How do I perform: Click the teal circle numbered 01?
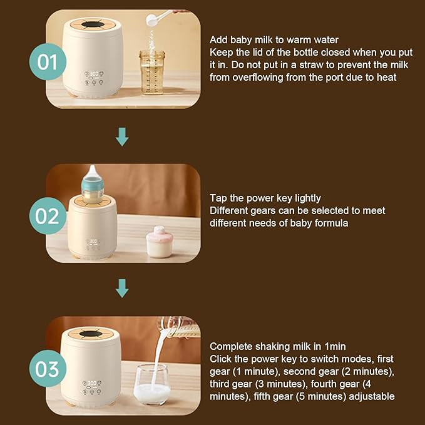coord(48,61)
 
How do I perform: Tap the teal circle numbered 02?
coord(48,216)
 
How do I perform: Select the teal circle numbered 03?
coord(48,368)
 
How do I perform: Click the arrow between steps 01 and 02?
coord(122,137)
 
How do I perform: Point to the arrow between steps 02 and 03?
coord(122,289)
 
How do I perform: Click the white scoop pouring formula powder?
coord(158,18)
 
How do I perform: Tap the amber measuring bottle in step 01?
coord(152,72)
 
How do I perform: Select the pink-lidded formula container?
coord(160,242)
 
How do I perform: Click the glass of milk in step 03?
coord(152,385)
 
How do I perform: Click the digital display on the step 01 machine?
coord(94,74)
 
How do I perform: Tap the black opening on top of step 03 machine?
coord(91,334)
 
